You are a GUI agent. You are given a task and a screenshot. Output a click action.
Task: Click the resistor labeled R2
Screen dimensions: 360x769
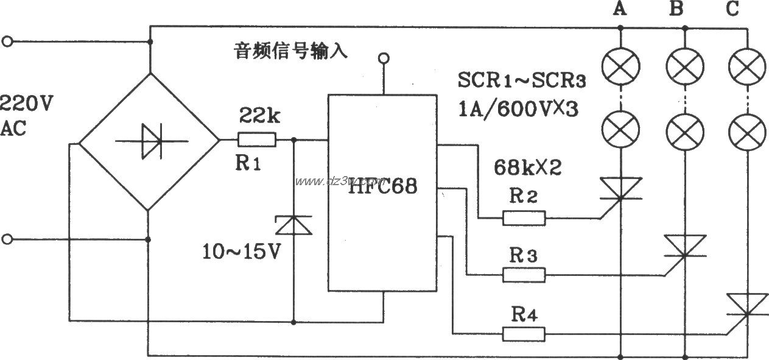coord(524,217)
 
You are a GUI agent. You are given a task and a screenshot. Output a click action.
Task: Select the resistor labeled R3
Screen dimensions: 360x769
coord(524,275)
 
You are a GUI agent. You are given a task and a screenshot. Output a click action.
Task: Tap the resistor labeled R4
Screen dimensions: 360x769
coord(524,333)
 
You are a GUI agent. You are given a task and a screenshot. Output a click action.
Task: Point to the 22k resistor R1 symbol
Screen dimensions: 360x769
coord(256,141)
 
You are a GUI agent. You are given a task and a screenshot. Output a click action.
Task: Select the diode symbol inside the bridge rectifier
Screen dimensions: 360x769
coord(150,141)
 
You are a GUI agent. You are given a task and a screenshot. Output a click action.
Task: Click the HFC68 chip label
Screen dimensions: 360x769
coord(382,187)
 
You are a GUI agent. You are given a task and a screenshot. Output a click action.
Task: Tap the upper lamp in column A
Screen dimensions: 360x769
coord(620,65)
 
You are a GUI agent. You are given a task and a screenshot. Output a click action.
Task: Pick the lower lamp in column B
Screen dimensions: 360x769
coord(684,129)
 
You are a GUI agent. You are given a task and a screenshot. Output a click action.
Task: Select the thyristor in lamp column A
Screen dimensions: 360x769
coord(620,188)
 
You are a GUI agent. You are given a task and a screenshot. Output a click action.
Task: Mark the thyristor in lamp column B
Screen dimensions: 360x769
coord(684,246)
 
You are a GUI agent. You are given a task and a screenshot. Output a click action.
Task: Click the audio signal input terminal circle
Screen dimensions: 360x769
coord(383,58)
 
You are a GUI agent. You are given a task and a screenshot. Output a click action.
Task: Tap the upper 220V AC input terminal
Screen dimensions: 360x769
coord(7,41)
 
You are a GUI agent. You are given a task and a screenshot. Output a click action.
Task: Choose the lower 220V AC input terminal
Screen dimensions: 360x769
coord(7,239)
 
